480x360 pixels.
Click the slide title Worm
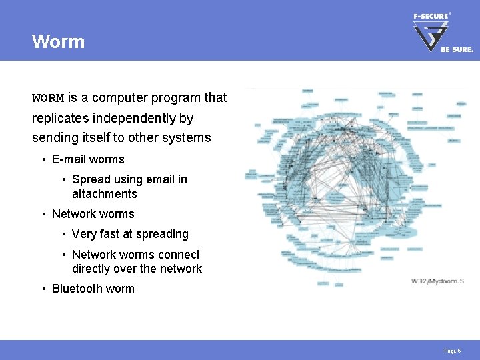coord(58,41)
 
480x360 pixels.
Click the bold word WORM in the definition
coord(48,98)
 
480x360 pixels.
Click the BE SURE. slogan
coord(457,49)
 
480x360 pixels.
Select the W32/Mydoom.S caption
coord(437,281)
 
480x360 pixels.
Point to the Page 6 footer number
coord(453,351)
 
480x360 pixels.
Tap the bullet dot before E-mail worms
coord(43,159)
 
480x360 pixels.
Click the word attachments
coord(104,194)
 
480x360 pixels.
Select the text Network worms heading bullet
coord(93,214)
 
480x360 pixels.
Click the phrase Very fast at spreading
coord(130,234)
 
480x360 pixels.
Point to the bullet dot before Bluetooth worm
coord(43,289)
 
